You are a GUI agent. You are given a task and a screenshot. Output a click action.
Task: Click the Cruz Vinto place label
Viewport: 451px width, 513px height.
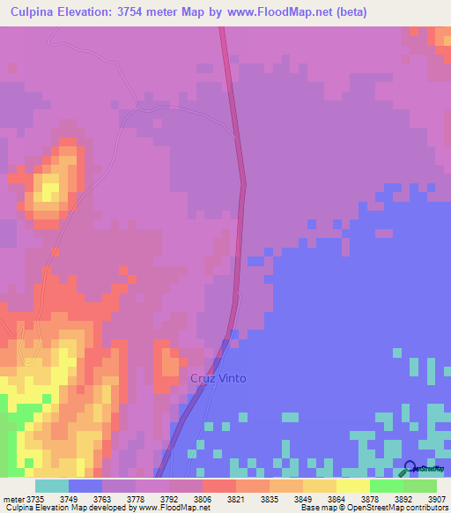pyautogui.click(x=218, y=378)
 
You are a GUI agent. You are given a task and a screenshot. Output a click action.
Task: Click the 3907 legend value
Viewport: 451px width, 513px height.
pyautogui.click(x=437, y=499)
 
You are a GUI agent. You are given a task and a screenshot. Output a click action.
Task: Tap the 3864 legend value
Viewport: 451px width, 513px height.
pyautogui.click(x=337, y=499)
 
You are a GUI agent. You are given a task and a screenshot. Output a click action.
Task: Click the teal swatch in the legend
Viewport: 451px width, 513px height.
pyautogui.click(x=52, y=486)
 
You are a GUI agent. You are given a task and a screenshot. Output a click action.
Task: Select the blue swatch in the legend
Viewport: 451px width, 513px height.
pyautogui.click(x=85, y=486)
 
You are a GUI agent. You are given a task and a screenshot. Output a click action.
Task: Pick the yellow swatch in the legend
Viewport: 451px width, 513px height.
pyautogui.click(x=352, y=486)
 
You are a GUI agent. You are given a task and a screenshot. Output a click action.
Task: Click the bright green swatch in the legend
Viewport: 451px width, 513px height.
pyautogui.click(x=386, y=486)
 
